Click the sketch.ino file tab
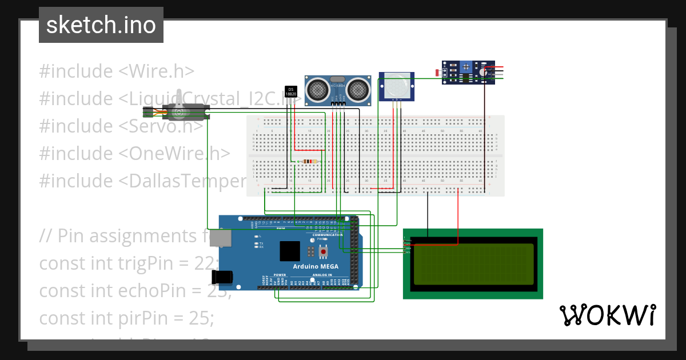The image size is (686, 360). pos(101,25)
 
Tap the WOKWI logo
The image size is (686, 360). pos(607,315)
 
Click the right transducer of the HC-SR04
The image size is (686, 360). pos(358,89)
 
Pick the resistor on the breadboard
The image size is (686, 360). pos(309,162)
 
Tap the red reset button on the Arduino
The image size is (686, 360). pos(324,251)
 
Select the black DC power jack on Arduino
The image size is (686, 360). pos(222,278)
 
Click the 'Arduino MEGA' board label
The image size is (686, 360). pos(316,266)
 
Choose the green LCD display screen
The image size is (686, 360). pos(473,264)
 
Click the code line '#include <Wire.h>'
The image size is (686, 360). pos(117,71)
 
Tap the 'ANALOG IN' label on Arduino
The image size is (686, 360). pos(337,275)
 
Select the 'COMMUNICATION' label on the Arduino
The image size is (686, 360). pos(328,235)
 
